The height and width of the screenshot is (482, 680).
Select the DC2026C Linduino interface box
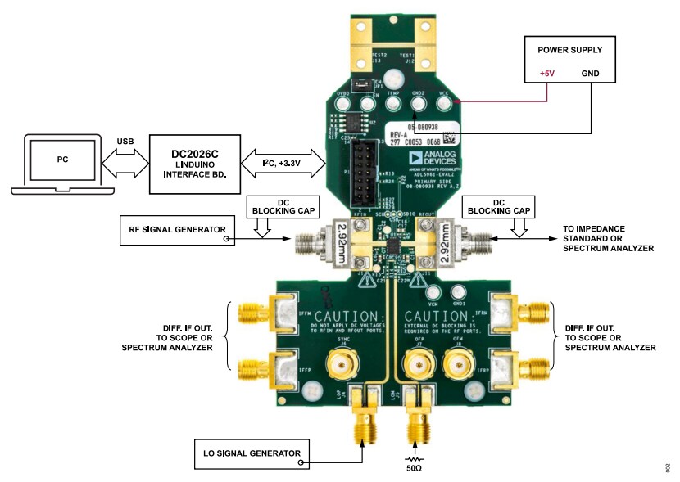(x=194, y=164)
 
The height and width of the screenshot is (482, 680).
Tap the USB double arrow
(x=125, y=160)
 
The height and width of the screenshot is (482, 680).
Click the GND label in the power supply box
(x=590, y=74)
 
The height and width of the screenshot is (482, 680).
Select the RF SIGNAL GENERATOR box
(x=175, y=229)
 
